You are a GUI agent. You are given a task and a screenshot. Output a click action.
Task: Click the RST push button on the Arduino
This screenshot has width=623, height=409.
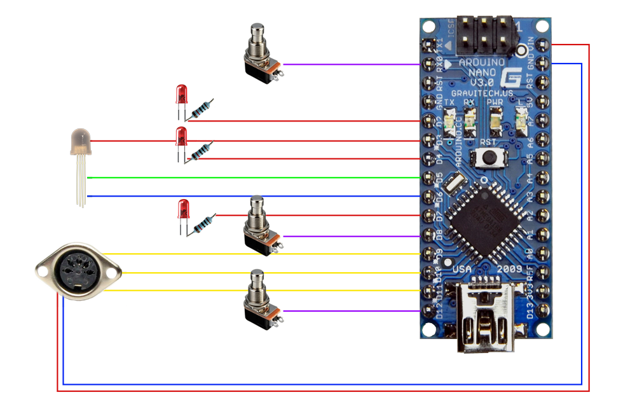tap(489, 156)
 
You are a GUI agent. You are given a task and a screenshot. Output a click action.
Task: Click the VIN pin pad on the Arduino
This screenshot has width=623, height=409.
tap(542, 45)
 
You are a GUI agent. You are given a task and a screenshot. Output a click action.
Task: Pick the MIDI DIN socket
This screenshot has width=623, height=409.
tap(76, 272)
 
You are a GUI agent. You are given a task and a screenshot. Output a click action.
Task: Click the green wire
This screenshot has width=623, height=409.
tap(254, 177)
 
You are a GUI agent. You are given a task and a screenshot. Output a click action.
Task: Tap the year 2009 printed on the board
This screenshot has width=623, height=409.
tap(509, 268)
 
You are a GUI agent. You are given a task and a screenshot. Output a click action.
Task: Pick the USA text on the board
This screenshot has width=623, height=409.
tap(463, 268)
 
